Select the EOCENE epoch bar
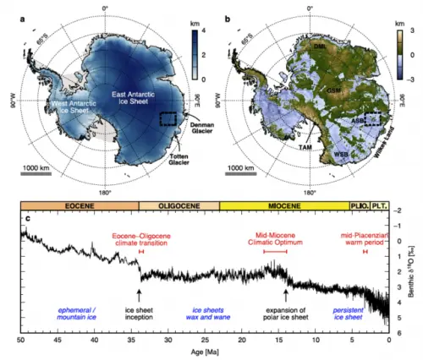tap(80, 205)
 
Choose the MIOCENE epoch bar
tap(283, 205)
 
